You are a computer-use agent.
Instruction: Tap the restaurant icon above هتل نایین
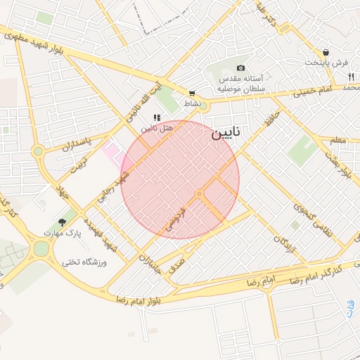(x=157, y=117)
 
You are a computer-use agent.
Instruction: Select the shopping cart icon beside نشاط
(x=192, y=93)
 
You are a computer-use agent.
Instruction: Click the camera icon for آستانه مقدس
(x=241, y=68)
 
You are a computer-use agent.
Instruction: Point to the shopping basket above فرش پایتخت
(x=326, y=52)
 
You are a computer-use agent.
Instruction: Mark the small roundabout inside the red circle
(x=200, y=193)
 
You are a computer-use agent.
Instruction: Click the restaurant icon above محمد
(x=350, y=77)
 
